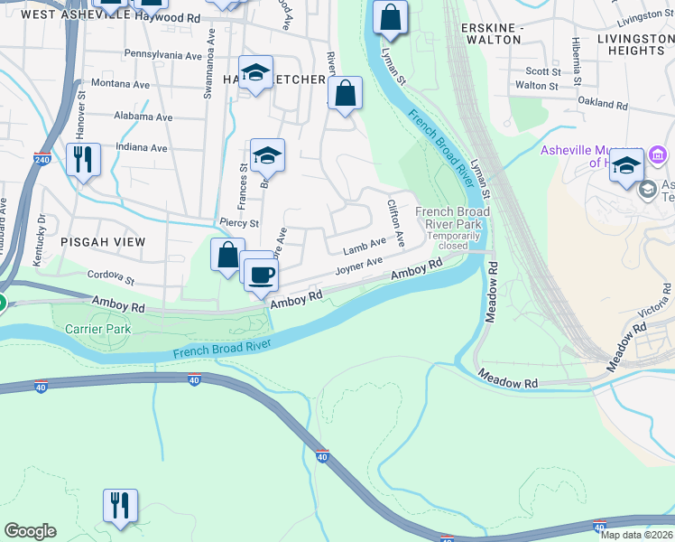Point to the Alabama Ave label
[x=143, y=117]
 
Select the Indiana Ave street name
[x=141, y=148]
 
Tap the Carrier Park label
[x=97, y=329]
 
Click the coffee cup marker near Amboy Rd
[x=262, y=274]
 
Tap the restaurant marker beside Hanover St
[x=83, y=160]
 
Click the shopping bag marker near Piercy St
[x=227, y=255]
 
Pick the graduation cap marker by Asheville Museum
[x=626, y=165]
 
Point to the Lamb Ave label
[x=365, y=248]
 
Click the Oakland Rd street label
[x=602, y=103]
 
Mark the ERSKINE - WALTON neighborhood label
[x=491, y=33]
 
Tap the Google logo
[x=30, y=531]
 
